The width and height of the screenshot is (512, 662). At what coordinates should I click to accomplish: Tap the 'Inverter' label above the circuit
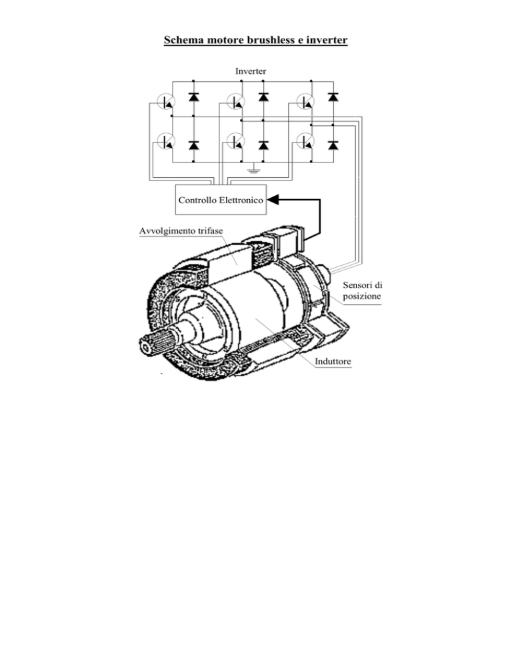251,71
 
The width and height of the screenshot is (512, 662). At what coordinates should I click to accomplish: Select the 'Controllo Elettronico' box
221,200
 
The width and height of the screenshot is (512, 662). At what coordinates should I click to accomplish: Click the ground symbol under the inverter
253,169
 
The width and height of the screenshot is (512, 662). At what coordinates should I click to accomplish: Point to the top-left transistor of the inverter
166,102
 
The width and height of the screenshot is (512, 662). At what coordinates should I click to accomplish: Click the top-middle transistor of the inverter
235,102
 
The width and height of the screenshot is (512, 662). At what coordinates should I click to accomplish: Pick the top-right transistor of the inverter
305,102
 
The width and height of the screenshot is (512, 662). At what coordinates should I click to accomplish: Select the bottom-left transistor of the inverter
166,141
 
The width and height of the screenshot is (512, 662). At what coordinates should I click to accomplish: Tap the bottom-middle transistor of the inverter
235,141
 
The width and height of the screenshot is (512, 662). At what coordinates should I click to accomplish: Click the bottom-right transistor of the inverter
305,141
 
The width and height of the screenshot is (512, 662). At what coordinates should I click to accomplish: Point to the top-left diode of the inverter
193,97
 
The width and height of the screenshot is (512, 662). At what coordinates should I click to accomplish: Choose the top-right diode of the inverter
333,97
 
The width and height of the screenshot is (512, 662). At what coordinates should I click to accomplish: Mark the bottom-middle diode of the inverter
263,146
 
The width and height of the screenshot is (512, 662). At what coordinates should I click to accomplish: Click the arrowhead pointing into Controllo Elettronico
273,200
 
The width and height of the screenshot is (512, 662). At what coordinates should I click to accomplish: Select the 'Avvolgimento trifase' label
181,231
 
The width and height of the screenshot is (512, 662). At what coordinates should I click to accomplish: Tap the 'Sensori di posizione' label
362,290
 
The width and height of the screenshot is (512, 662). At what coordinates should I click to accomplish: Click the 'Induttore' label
333,362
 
